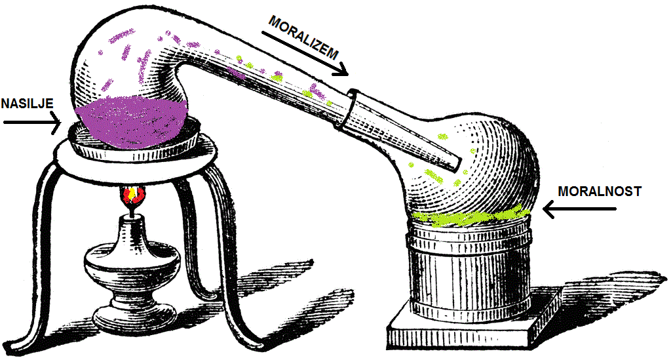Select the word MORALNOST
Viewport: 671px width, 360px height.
599,191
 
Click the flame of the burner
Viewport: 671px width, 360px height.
132,195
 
